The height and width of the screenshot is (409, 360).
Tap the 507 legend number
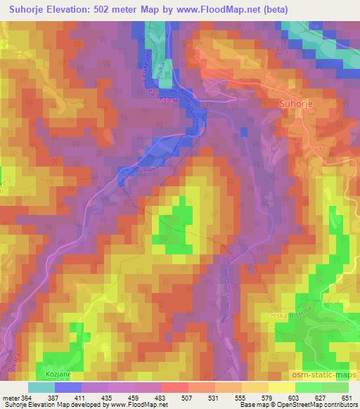pyautogui.click(x=187, y=398)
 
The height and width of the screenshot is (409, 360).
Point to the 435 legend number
pyautogui.click(x=108, y=398)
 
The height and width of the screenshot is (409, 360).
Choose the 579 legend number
pyautogui.click(x=267, y=398)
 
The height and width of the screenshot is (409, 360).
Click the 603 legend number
pyautogui.click(x=294, y=398)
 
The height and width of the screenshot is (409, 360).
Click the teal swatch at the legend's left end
pyautogui.click(x=41, y=387)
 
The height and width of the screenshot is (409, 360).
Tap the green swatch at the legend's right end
pyautogui.click(x=335, y=387)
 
